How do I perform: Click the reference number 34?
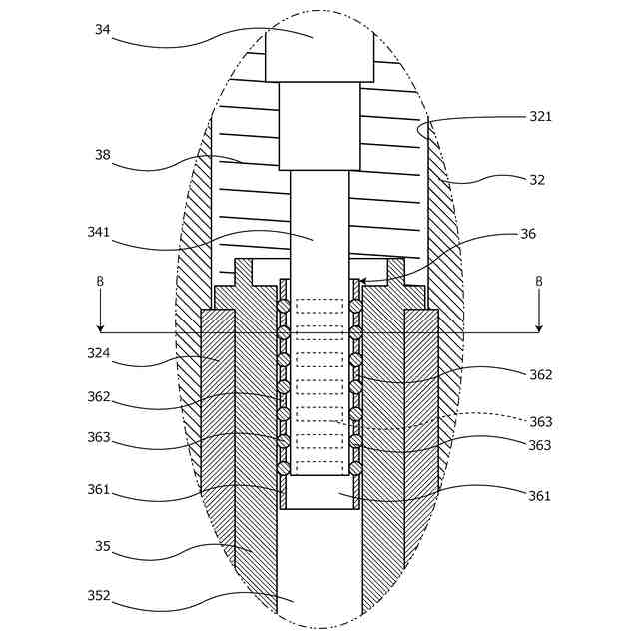pos(102,30)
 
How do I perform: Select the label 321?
pos(540,117)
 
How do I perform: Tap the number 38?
pos(102,155)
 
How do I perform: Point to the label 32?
pos(537,180)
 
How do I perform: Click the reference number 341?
pos(98,233)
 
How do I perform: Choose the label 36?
pos(528,234)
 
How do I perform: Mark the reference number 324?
pos(98,353)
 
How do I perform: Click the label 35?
pos(102,547)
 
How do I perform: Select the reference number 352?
pos(98,596)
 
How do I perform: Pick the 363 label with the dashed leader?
pos(540,422)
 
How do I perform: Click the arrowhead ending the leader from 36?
pos(362,283)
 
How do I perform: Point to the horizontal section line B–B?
pos(319,332)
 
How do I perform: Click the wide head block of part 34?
pos(319,56)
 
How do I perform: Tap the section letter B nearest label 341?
pos(100,282)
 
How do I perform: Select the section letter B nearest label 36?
pos(539,282)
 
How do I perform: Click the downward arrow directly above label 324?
pos(100,326)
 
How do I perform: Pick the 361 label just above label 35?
pos(98,490)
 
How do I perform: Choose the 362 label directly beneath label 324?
pos(98,397)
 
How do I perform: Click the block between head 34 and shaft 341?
pos(319,126)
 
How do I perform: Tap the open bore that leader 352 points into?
pos(319,579)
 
